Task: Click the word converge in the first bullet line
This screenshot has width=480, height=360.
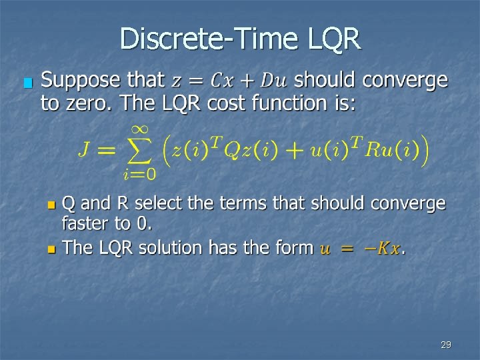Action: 404,81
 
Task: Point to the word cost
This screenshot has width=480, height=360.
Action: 229,104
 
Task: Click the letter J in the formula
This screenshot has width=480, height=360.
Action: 85,149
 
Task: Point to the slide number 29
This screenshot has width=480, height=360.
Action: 446,345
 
